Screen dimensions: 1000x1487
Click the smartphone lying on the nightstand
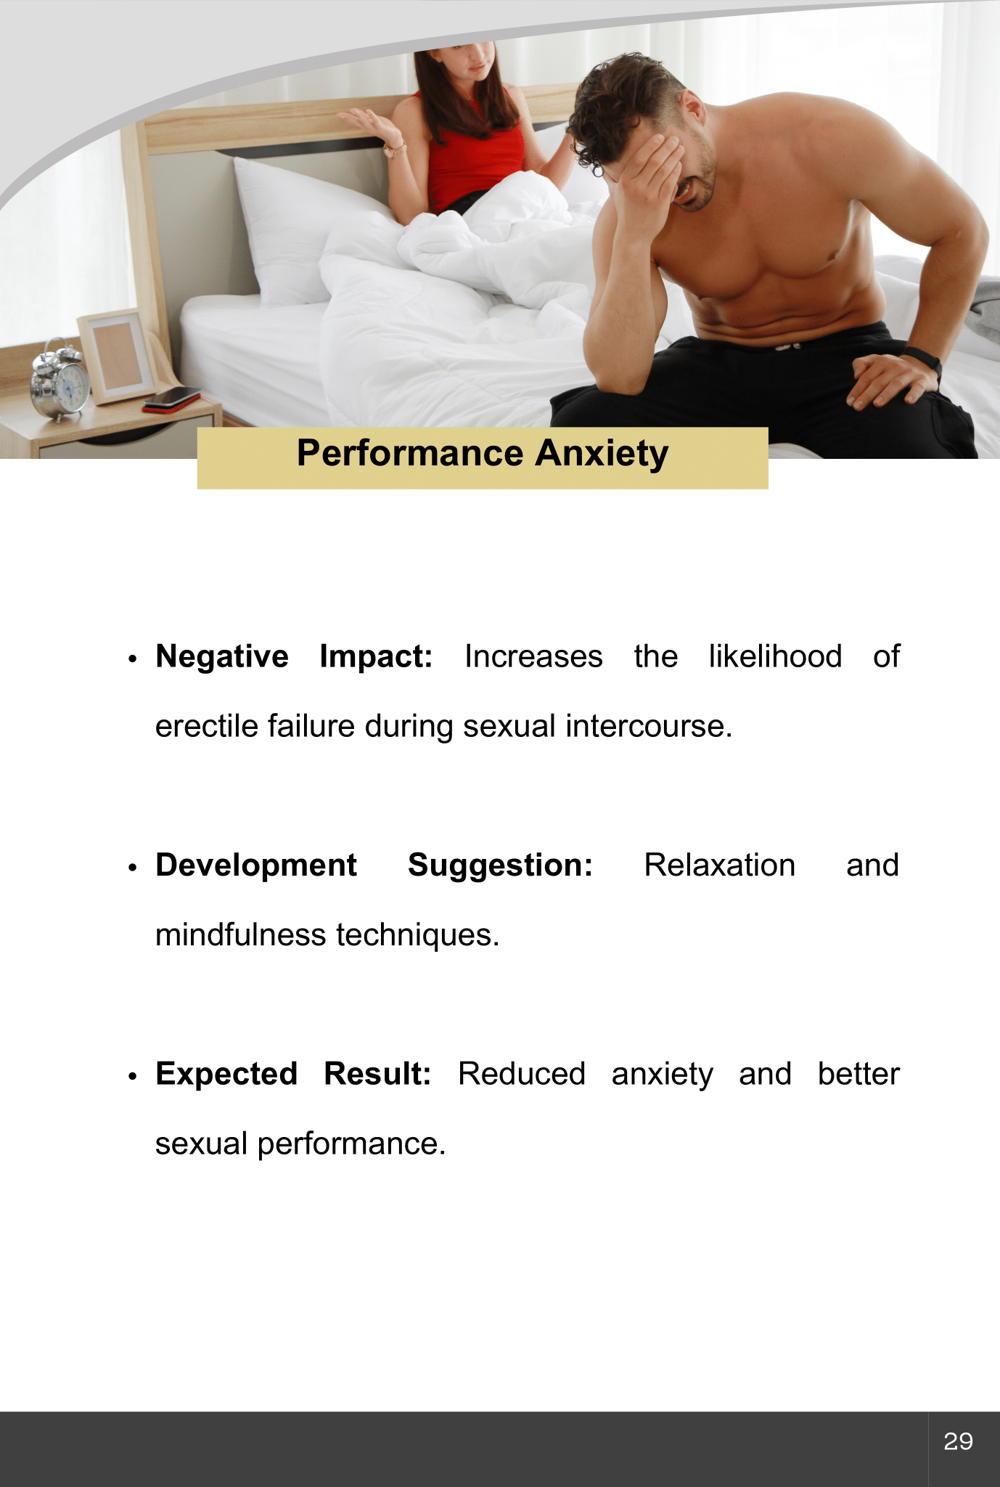[x=171, y=399]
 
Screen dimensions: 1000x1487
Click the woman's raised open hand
[x=370, y=125]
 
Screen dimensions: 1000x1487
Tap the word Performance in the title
[x=410, y=454]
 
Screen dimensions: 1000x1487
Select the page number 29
[x=958, y=1441]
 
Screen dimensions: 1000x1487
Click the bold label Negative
[x=222, y=657]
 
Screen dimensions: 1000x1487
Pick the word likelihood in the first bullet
[x=775, y=656]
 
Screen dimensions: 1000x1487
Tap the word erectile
[x=206, y=726]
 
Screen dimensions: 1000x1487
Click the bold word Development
[x=256, y=865]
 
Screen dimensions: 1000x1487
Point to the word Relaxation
[x=719, y=865]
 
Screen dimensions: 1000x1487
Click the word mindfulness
[x=241, y=934]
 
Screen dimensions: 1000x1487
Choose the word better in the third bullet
[x=858, y=1074]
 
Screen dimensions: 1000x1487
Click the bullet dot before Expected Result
[x=132, y=1077]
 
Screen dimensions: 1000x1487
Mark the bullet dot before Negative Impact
[x=132, y=659]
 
